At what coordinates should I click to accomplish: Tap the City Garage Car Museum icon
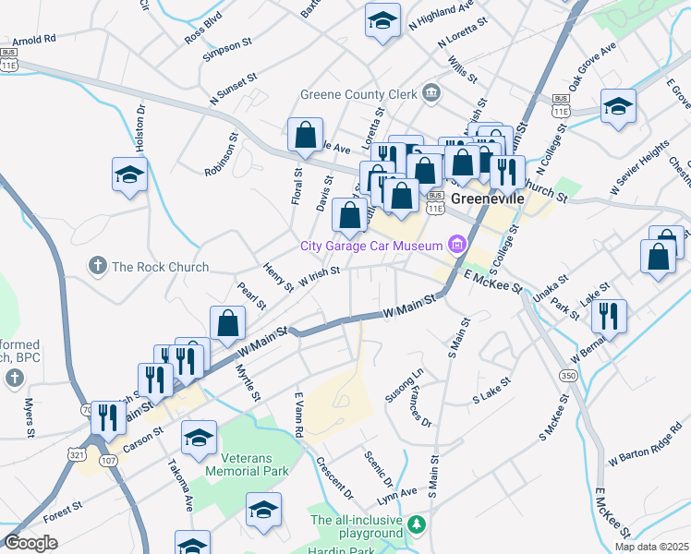point(456,245)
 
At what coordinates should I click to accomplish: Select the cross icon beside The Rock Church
point(97,267)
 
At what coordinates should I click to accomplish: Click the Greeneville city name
point(489,199)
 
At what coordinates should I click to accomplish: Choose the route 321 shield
point(79,453)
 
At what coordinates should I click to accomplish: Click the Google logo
point(31,543)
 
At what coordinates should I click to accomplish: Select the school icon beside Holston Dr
point(130,175)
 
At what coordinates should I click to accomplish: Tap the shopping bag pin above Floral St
point(305,137)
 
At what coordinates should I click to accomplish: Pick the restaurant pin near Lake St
point(609,316)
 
